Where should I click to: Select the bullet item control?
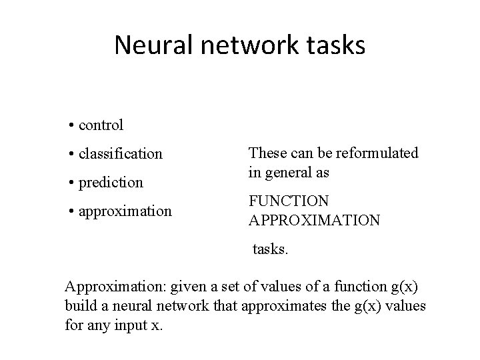click(101, 125)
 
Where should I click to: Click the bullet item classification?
click(120, 153)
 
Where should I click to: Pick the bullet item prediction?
click(110, 182)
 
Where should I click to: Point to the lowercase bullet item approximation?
click(125, 211)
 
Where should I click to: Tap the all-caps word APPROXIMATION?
click(314, 219)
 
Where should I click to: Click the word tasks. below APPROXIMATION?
click(270, 249)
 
